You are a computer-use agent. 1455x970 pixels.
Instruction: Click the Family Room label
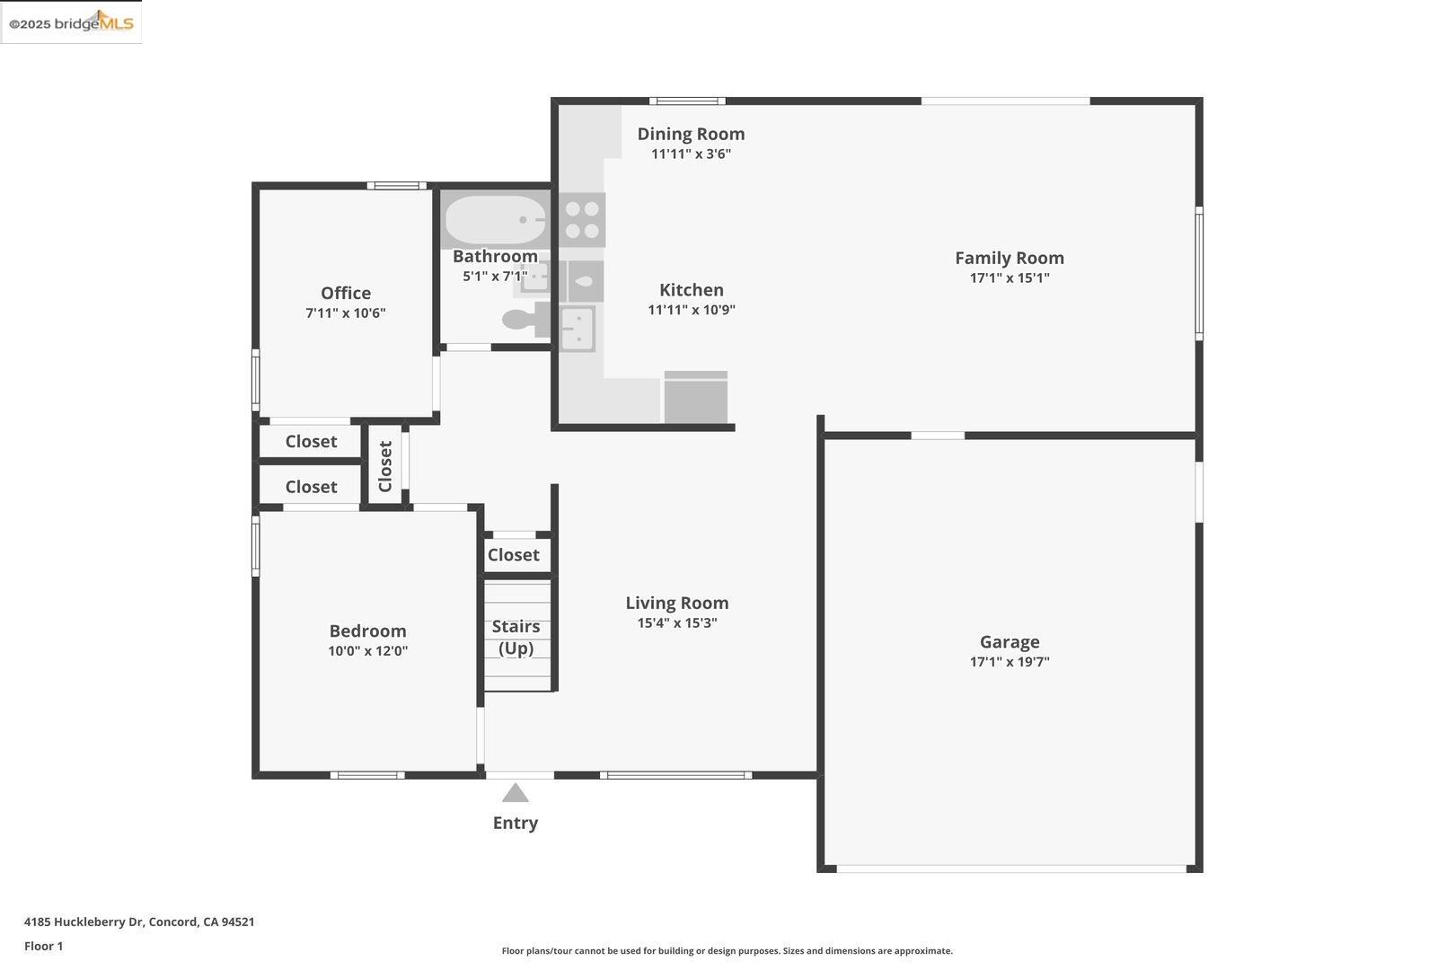tap(1009, 258)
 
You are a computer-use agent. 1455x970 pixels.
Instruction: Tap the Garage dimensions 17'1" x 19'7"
tap(1009, 662)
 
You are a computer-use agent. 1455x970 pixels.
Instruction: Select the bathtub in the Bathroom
tap(495, 219)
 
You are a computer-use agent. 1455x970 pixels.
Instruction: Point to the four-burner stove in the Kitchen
tap(582, 220)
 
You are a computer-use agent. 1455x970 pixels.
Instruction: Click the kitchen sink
tap(577, 328)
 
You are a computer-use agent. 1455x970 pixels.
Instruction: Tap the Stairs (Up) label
tap(516, 637)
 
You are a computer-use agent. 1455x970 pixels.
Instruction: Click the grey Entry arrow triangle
tap(515, 793)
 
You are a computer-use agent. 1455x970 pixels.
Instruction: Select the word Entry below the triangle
tap(515, 823)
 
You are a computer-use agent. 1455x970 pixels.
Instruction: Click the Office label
tap(345, 293)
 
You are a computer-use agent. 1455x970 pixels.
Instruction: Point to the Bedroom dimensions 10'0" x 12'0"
tap(367, 651)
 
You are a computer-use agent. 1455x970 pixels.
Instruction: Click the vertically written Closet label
tap(385, 466)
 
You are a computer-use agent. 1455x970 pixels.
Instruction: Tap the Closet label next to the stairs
tap(513, 555)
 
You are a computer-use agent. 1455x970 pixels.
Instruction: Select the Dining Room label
tap(691, 134)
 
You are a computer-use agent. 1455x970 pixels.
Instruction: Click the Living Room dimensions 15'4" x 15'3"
tap(676, 623)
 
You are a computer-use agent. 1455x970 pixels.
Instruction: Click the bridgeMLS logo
tap(71, 22)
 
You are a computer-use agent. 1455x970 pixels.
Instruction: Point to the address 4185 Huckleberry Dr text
tap(139, 921)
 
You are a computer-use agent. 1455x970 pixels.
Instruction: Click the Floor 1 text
tap(43, 946)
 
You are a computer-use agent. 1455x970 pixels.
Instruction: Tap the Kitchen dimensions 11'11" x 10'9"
tap(691, 310)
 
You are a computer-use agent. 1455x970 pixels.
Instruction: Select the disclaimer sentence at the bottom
tap(727, 950)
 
